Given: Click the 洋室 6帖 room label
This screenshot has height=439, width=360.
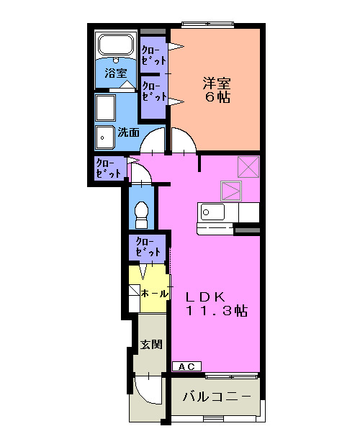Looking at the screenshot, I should (216, 89).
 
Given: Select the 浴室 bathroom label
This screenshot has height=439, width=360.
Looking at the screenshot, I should (115, 73).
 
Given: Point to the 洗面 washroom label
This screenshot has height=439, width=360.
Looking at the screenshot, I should (129, 132).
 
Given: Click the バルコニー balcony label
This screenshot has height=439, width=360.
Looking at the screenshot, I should (217, 397).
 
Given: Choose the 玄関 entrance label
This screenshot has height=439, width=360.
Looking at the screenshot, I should (150, 344).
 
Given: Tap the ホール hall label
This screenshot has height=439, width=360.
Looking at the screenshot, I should (155, 294).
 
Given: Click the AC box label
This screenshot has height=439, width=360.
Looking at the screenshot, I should (186, 367).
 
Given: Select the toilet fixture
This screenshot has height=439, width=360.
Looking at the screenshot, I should (141, 213).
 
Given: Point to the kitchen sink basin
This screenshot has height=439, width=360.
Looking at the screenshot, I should (212, 212).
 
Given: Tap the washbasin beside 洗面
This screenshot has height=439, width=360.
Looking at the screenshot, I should (106, 135).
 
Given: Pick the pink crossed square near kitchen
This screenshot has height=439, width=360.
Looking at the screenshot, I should (231, 190).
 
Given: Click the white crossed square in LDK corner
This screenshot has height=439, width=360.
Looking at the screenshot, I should (248, 167).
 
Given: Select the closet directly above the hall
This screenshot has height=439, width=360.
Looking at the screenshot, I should (147, 247).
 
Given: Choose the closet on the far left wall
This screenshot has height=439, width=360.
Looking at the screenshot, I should (108, 169).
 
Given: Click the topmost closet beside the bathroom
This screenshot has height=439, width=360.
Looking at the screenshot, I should (151, 55).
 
